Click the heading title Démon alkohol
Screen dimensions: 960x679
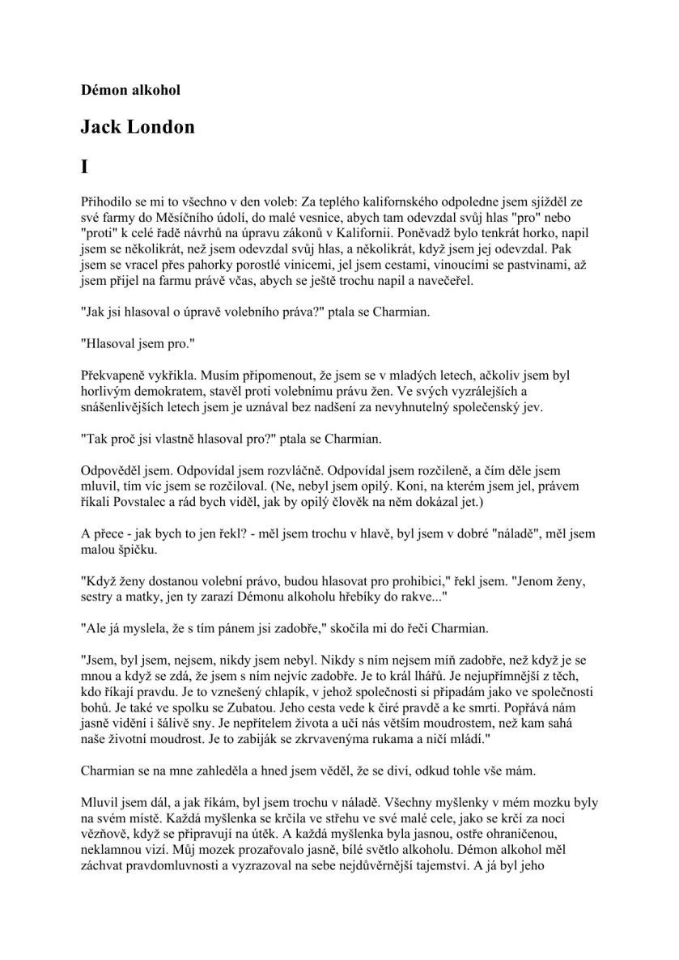pyautogui.click(x=130, y=90)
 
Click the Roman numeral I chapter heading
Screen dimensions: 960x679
pyautogui.click(x=84, y=168)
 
